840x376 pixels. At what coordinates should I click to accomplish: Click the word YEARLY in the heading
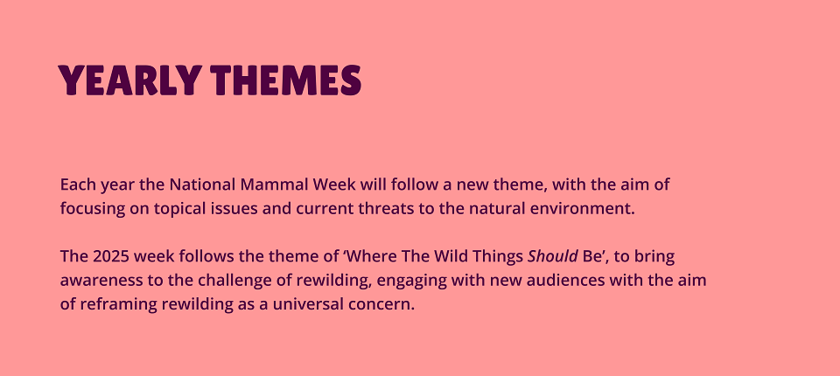[x=129, y=80]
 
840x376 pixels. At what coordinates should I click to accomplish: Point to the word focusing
[x=92, y=210]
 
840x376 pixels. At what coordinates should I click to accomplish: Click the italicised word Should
[x=553, y=257]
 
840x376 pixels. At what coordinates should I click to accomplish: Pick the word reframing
[x=118, y=305]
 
